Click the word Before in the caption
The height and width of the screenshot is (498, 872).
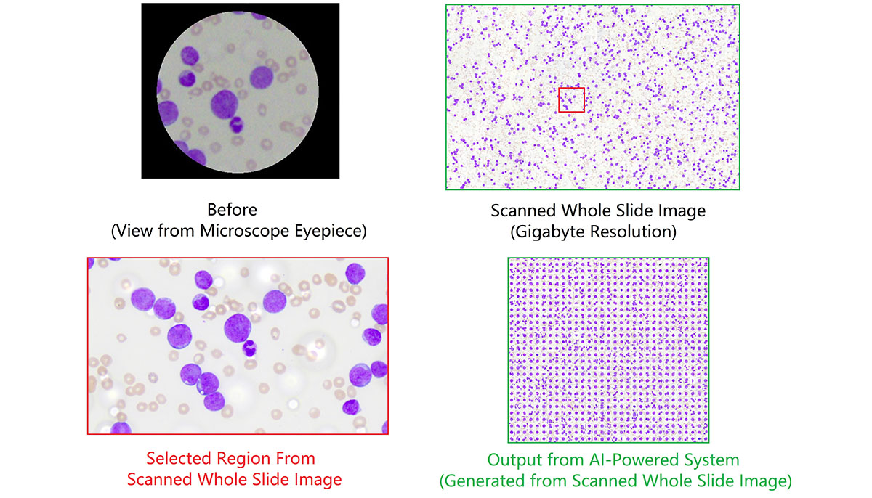232,210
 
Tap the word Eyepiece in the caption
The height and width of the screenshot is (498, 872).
330,231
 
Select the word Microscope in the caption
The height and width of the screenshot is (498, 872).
244,231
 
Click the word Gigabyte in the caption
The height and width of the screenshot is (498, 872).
552,232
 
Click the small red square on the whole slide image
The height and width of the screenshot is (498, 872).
571,100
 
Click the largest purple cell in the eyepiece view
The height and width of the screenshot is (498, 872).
225,105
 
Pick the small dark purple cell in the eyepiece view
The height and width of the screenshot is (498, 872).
236,124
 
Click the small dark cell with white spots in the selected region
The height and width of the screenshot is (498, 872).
249,348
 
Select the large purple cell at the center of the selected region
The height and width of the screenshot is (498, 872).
238,328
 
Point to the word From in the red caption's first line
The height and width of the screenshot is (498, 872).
295,459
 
